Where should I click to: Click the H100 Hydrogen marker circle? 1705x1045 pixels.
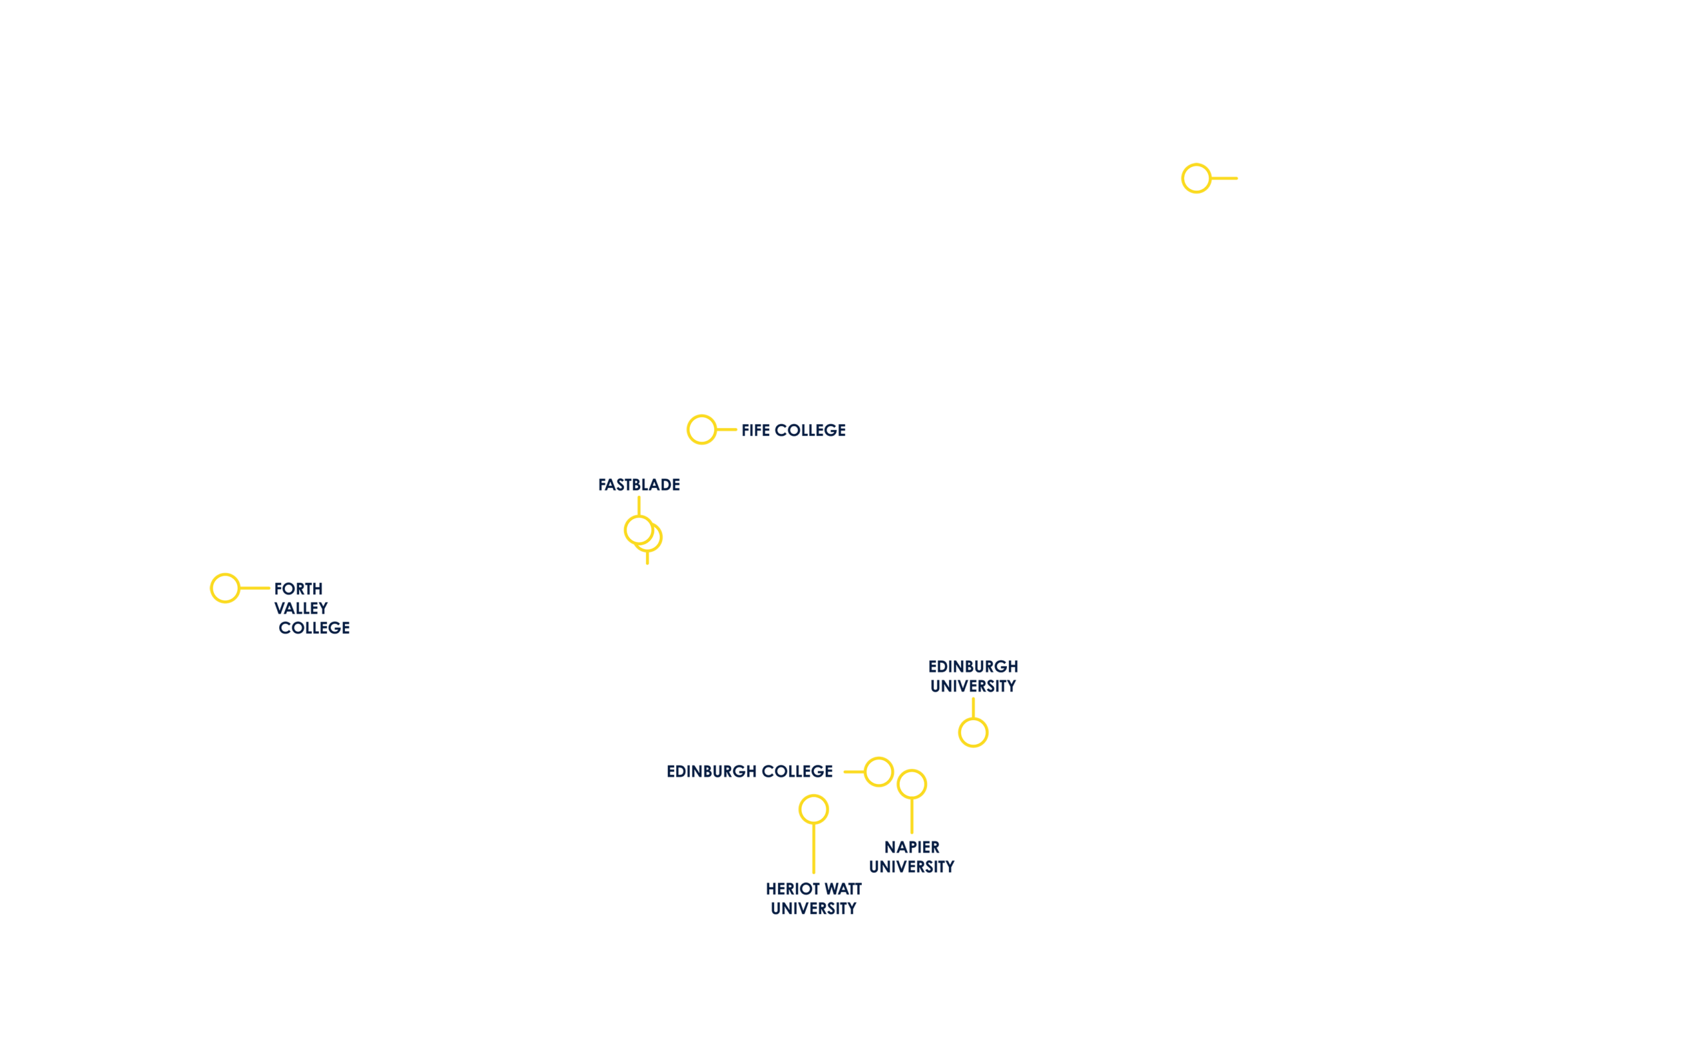(1195, 178)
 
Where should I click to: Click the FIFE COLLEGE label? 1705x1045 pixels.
(793, 430)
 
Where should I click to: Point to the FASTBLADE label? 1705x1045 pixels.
(639, 485)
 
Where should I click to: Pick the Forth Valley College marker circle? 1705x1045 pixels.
(225, 588)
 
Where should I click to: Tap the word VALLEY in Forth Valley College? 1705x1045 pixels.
(301, 608)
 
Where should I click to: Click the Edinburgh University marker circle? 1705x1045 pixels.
(973, 732)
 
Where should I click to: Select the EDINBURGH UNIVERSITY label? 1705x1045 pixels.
(973, 676)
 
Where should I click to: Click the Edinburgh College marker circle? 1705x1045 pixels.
(878, 772)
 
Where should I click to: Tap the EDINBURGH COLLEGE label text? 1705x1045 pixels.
(749, 771)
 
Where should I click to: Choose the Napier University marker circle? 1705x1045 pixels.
(911, 784)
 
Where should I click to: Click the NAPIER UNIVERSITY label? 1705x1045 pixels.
(911, 857)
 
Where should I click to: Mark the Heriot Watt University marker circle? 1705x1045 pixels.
(813, 809)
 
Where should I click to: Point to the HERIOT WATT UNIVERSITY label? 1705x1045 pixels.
(813, 899)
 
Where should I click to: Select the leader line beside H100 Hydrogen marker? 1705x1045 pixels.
(1225, 178)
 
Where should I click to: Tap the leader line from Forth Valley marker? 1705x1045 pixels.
(255, 588)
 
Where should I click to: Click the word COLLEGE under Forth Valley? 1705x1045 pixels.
(314, 628)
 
